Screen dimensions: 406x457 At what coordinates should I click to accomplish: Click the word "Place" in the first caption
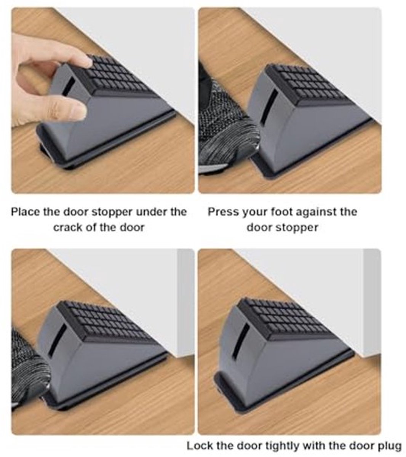coord(25,212)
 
